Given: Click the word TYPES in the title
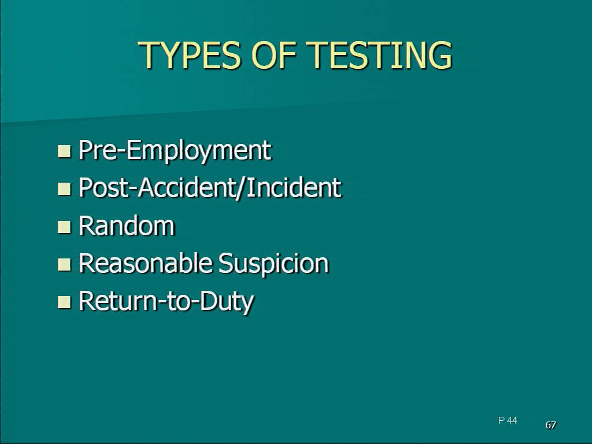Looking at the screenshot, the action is pos(190,55).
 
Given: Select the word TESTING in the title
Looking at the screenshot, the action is pos(379,55).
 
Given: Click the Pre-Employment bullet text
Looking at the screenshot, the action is pos(175,151).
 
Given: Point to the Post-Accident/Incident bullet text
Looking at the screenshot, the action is pos(209,187).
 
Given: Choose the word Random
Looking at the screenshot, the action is pos(127,225).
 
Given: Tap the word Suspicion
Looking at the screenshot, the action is pos(273,264).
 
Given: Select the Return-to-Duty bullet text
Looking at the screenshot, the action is pos(166,302).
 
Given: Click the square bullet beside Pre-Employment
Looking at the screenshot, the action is pos(64,151).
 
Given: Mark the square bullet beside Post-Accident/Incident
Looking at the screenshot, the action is pos(64,188).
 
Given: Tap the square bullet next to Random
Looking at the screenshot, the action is pos(64,227).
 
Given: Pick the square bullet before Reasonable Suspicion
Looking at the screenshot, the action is pos(64,264).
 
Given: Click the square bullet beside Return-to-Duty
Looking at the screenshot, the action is pos(64,302).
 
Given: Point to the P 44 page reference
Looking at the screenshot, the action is pos(508,420).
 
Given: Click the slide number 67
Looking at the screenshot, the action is pos(551,425).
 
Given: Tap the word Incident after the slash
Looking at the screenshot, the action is pos(294,187).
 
